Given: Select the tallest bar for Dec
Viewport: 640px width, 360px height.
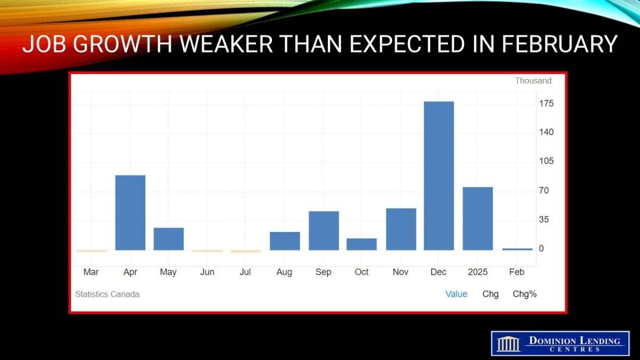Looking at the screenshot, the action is tap(439, 175).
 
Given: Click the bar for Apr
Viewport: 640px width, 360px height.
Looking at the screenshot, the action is tap(130, 213).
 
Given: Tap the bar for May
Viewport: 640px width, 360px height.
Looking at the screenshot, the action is tap(169, 239).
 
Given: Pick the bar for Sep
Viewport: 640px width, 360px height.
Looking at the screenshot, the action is tap(324, 230).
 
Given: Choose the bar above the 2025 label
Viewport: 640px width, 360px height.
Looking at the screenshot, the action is tap(478, 219).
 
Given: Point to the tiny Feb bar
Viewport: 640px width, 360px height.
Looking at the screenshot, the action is tap(517, 250).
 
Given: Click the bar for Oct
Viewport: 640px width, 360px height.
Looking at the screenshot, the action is tap(362, 244).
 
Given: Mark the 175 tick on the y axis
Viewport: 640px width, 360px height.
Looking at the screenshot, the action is tap(546, 103).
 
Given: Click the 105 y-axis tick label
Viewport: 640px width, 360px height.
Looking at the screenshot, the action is tap(546, 161).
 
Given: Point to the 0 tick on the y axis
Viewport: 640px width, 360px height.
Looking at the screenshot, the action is tap(541, 249).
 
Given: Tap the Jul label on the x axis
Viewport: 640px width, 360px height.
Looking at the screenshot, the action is tap(245, 271).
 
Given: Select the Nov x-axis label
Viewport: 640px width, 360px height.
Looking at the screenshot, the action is tap(401, 271).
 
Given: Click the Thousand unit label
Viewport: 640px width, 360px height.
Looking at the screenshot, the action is tap(533, 81).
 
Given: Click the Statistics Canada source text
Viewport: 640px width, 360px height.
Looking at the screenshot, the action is tap(107, 294).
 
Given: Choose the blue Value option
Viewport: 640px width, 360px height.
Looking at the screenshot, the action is tap(457, 294).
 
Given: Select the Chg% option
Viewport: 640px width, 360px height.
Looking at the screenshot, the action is tap(525, 294).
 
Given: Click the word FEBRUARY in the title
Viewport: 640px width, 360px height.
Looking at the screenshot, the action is tap(560, 44).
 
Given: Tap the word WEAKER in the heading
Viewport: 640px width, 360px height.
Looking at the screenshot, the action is tap(226, 44).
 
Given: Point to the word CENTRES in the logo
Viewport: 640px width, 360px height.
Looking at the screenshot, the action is tap(575, 349).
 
